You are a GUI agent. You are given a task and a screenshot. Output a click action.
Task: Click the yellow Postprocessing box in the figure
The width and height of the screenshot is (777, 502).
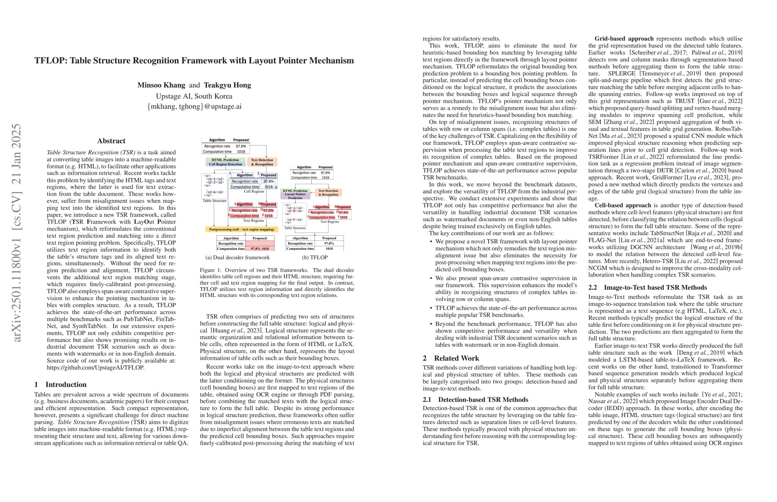[x=242, y=229]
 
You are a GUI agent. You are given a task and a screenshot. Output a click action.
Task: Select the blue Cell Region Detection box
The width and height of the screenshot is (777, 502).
[x=225, y=164]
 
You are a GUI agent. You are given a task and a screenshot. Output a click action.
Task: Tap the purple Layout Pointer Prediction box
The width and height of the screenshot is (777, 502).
[x=295, y=196]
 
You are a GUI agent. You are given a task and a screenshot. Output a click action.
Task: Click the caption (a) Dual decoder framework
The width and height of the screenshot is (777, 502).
[x=237, y=258]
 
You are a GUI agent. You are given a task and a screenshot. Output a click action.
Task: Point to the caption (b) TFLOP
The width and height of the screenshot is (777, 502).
[x=315, y=258]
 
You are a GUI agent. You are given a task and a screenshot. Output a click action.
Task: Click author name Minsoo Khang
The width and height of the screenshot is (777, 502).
[x=161, y=85]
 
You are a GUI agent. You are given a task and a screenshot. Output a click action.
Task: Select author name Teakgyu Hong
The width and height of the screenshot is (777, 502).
[x=228, y=85]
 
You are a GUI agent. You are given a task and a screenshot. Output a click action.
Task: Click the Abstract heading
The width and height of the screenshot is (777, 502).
[x=111, y=141]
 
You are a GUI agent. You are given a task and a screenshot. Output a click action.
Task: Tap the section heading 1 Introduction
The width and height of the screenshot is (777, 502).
[x=60, y=385]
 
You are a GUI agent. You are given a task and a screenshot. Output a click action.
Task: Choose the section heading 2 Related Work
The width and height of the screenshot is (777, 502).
[x=451, y=358]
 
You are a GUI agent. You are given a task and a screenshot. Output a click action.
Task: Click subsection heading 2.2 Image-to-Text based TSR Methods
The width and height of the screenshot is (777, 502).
[x=647, y=287]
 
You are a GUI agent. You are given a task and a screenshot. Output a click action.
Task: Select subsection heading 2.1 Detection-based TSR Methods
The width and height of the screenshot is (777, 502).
[x=475, y=400]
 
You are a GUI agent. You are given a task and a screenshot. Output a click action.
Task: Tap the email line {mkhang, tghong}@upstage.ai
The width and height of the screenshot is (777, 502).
[x=194, y=106]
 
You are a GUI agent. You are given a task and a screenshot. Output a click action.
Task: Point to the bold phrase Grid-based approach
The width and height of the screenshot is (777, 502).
[x=624, y=39]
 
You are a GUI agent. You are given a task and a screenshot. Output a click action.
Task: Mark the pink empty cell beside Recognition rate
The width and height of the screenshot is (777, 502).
[x=260, y=243]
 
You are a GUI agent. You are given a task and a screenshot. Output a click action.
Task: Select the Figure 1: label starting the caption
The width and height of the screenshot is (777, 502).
[x=210, y=270]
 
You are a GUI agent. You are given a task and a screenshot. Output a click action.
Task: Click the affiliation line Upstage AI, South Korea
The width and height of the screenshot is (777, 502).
[x=194, y=96]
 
